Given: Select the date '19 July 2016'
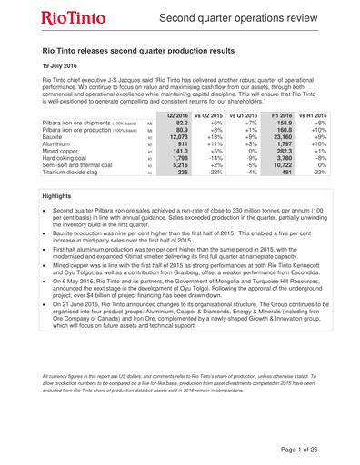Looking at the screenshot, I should [66, 67].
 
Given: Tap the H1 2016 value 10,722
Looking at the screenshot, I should [282, 163].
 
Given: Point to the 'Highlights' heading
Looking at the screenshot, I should [61, 195].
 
